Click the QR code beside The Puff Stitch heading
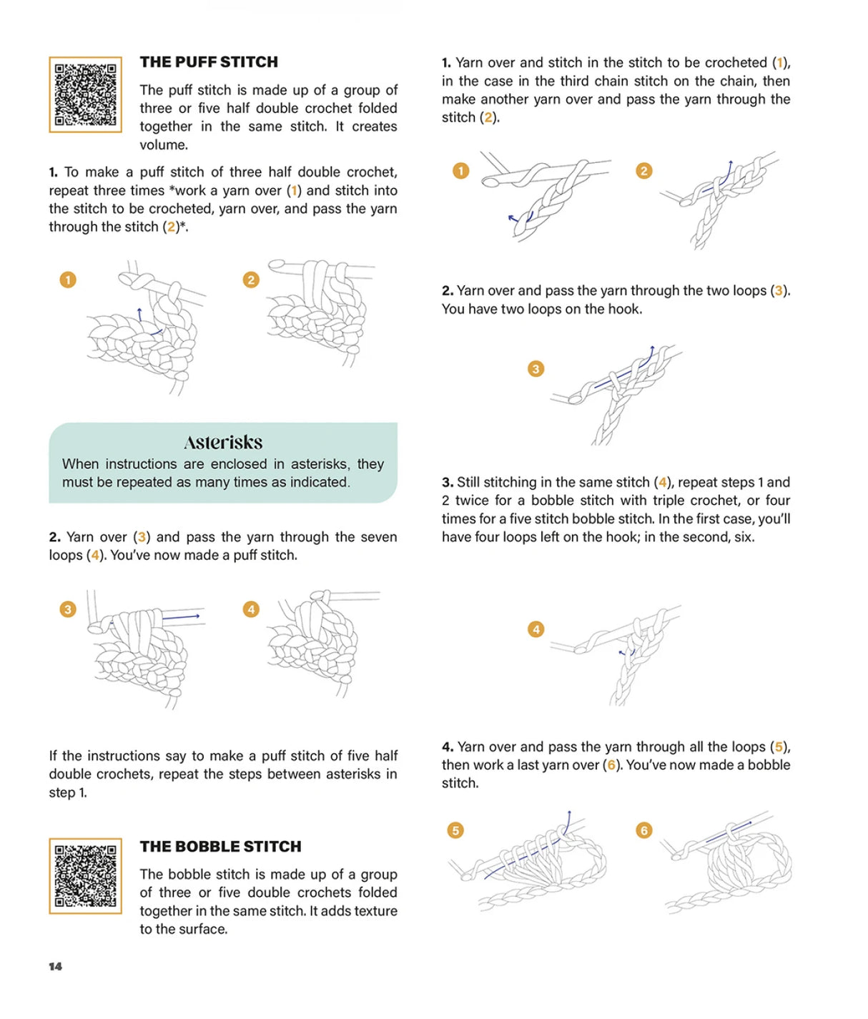pyautogui.click(x=85, y=94)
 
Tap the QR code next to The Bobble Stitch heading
pyautogui.click(x=85, y=876)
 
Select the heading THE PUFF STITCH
pyautogui.click(x=209, y=62)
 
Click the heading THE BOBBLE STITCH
pyautogui.click(x=220, y=847)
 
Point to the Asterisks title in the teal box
pyautogui.click(x=223, y=442)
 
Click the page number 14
pyautogui.click(x=55, y=967)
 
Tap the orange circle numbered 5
pyautogui.click(x=455, y=830)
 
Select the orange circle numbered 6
pyautogui.click(x=644, y=830)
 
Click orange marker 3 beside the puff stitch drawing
pyautogui.click(x=68, y=609)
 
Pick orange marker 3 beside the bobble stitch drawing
pyautogui.click(x=536, y=369)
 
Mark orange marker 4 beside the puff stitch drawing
pyautogui.click(x=251, y=609)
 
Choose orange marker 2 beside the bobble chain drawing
pyautogui.click(x=644, y=171)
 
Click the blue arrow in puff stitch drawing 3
pyautogui.click(x=182, y=616)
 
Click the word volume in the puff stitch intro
pyautogui.click(x=164, y=145)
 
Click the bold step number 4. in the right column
pyautogui.click(x=448, y=747)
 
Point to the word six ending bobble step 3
pyautogui.click(x=743, y=537)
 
